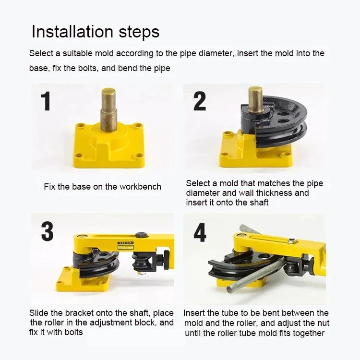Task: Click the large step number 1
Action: click(x=46, y=101)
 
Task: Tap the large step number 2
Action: click(x=200, y=101)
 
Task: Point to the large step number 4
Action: click(x=200, y=232)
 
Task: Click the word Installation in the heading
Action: click(x=72, y=32)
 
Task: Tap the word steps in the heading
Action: click(x=139, y=32)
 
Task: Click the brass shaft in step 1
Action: click(x=108, y=110)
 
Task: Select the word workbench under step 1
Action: click(x=140, y=187)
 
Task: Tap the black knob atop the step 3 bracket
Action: click(x=141, y=235)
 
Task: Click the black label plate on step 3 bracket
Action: click(x=125, y=245)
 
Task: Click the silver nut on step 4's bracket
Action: click(x=291, y=240)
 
